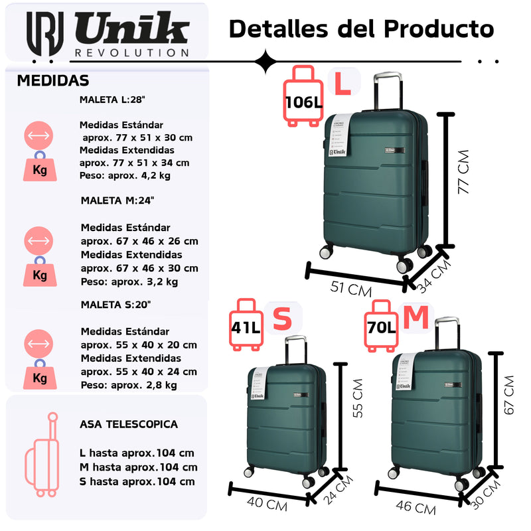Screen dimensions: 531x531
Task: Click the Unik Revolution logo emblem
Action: (45, 34)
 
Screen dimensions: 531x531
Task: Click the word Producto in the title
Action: (439, 29)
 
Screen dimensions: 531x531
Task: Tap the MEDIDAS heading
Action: (53, 81)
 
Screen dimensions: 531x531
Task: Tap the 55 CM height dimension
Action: (357, 398)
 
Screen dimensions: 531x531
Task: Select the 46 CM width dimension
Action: (416, 508)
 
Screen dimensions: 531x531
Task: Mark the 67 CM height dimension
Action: (508, 396)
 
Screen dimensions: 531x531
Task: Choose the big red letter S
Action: (283, 319)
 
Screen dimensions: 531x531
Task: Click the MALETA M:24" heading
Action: (117, 200)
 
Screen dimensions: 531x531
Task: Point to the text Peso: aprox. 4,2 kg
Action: (125, 175)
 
